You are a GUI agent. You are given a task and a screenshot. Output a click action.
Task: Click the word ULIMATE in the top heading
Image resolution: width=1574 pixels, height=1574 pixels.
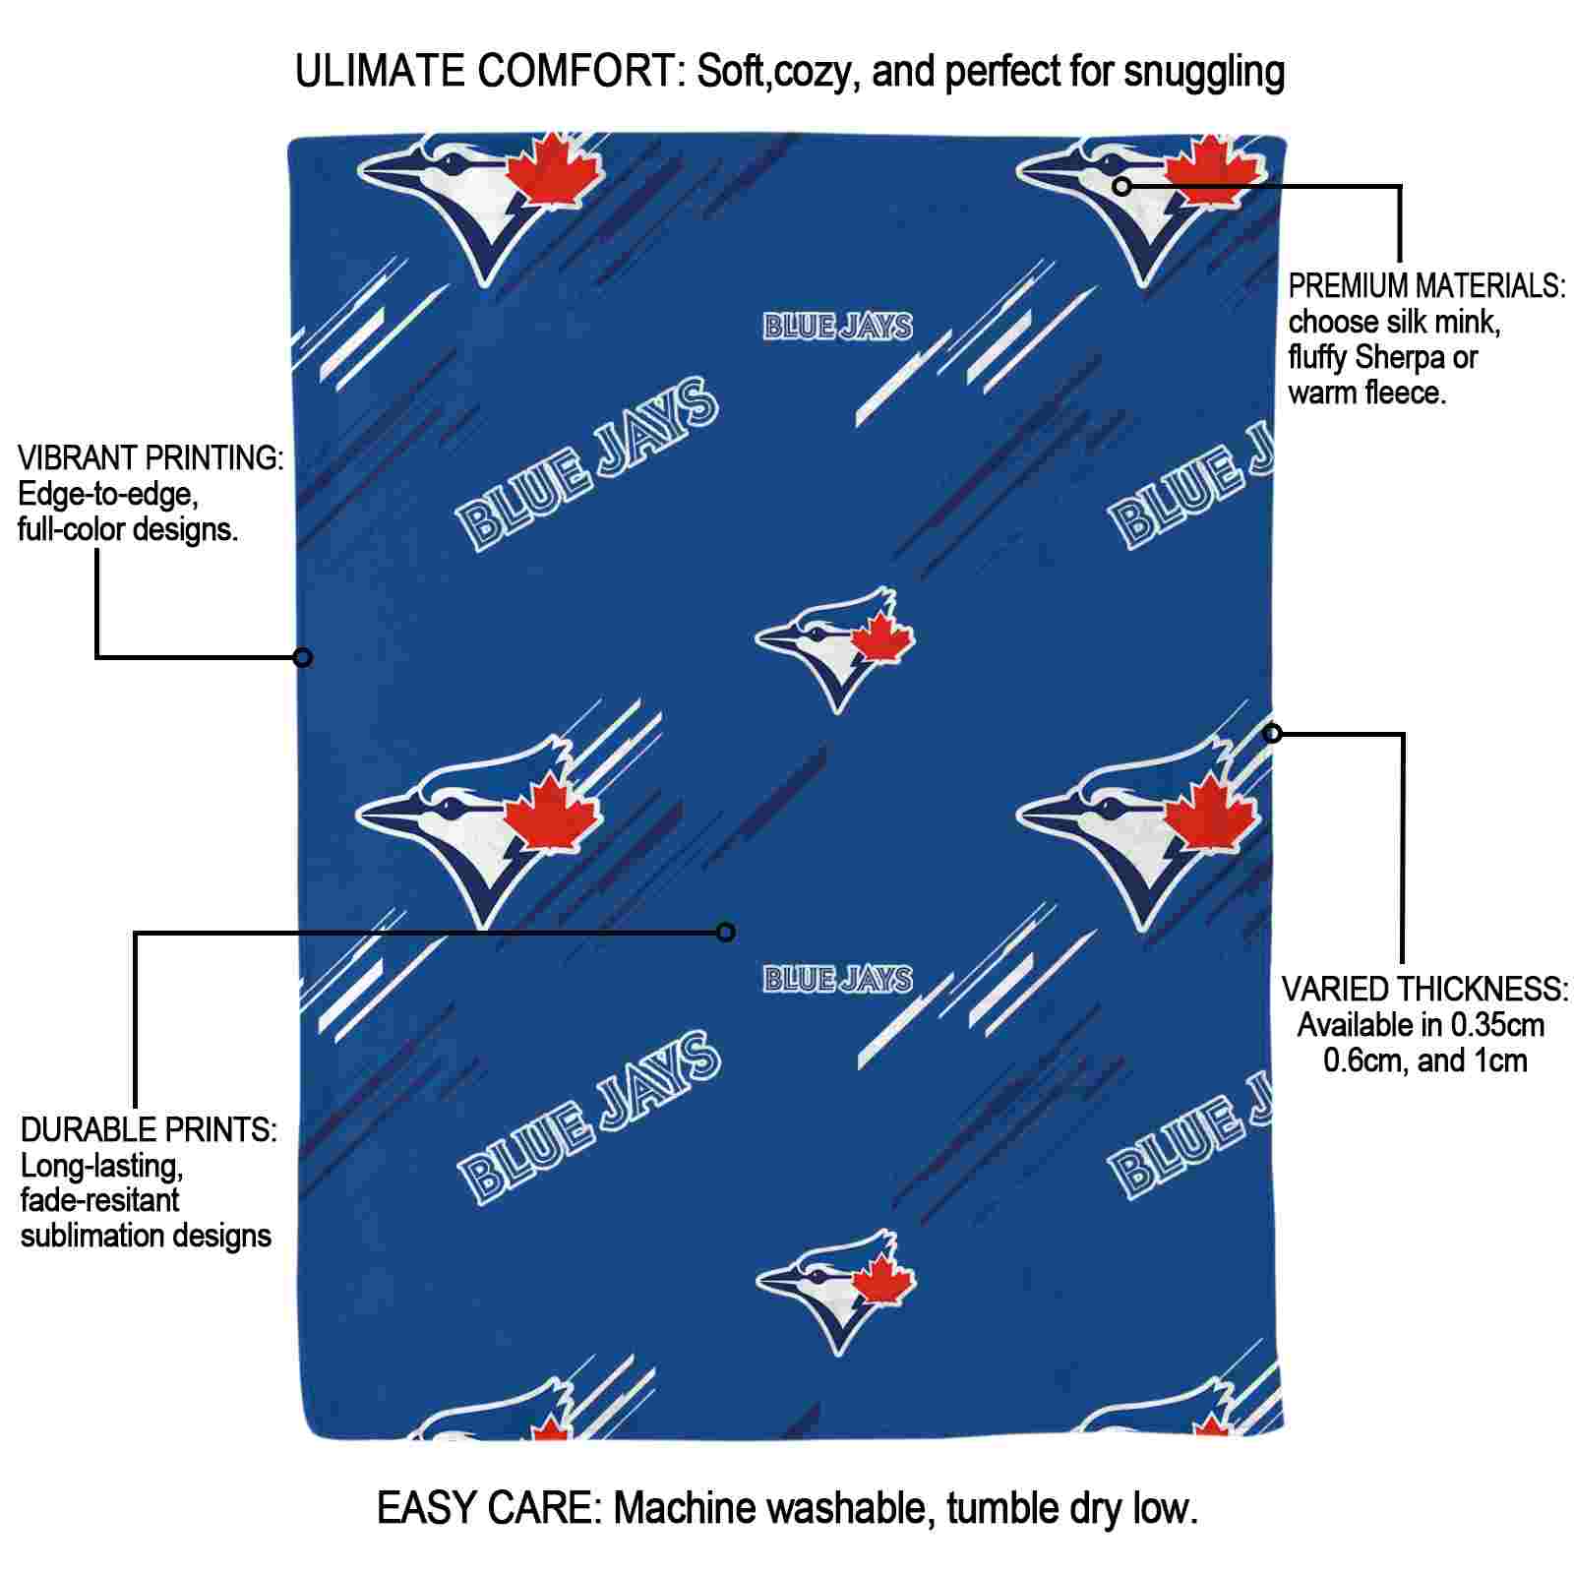380,72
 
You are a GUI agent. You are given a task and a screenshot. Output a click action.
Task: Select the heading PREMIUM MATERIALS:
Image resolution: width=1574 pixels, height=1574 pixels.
1426,286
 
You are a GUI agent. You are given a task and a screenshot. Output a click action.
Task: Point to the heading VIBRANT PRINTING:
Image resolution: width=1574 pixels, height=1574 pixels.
151,458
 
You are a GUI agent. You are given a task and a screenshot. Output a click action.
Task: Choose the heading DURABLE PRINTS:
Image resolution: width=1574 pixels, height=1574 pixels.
149,1130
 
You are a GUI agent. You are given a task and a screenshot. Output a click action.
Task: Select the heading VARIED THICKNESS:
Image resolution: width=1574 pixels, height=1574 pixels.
1424,989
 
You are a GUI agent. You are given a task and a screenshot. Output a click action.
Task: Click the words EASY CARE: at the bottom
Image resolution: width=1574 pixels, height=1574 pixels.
489,1508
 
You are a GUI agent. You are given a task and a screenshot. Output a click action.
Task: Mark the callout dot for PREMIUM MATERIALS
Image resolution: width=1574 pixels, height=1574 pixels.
1122,185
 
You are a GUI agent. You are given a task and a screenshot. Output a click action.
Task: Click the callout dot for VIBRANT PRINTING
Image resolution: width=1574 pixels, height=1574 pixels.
303,657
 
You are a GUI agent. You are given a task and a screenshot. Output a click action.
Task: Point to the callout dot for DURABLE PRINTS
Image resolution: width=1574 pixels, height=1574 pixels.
726,932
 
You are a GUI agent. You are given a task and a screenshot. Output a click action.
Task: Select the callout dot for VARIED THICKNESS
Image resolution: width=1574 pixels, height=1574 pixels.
1273,733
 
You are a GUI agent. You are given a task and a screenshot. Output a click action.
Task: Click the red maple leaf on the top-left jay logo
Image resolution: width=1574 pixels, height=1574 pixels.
559,172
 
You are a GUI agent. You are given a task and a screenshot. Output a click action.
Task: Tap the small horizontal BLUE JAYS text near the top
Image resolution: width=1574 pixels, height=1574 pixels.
838,327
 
